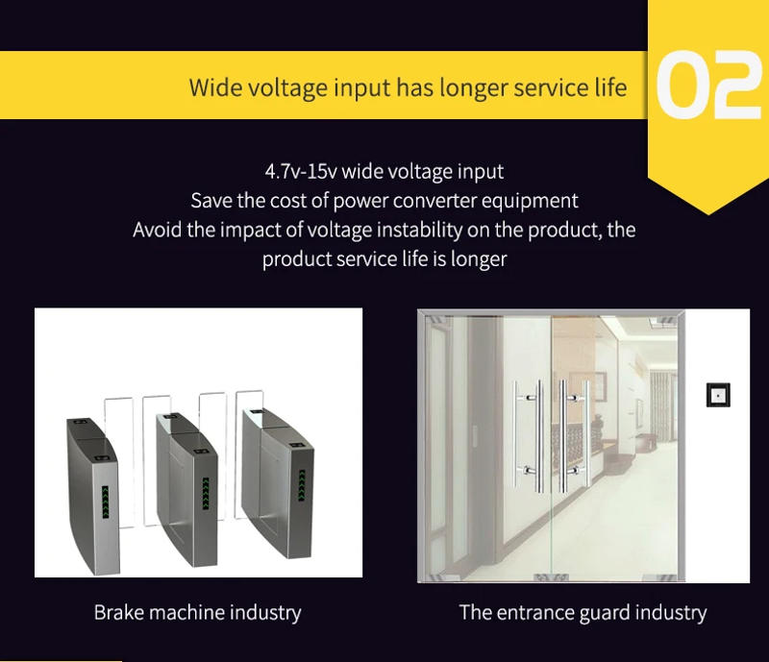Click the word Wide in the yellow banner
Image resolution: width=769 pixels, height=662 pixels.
point(217,88)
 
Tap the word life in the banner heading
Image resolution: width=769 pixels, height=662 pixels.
point(606,88)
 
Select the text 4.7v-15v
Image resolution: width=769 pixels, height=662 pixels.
point(301,172)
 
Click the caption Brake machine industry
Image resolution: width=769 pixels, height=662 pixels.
point(197,612)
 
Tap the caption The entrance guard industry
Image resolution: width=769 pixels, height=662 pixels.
point(583,612)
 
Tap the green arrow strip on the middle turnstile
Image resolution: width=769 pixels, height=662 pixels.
point(205,494)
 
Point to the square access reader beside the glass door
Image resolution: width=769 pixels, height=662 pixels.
point(718,395)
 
